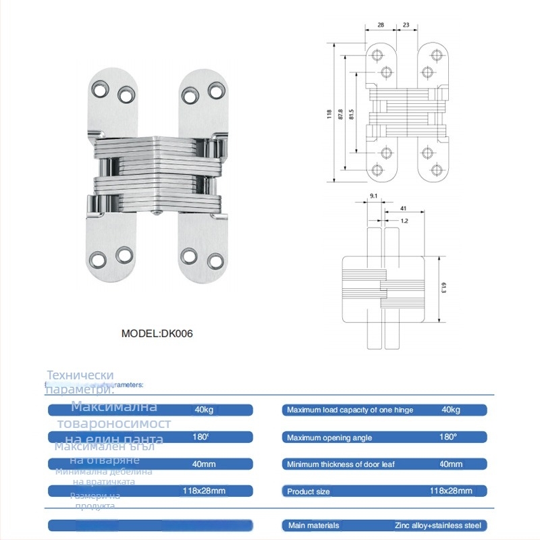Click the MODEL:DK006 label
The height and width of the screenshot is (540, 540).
157,333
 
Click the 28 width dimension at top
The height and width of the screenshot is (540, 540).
381,24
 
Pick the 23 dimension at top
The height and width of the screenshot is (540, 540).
406,24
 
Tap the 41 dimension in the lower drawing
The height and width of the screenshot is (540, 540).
403,209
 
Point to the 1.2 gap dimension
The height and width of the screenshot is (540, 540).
403,221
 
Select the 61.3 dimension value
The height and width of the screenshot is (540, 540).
443,289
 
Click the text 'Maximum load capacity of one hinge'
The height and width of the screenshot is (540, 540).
350,410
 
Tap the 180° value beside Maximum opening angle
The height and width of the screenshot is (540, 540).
448,437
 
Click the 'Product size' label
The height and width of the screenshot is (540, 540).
308,491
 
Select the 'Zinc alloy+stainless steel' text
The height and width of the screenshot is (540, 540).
439,525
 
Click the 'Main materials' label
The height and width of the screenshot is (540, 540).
313,525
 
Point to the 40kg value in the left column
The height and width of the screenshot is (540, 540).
204,410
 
